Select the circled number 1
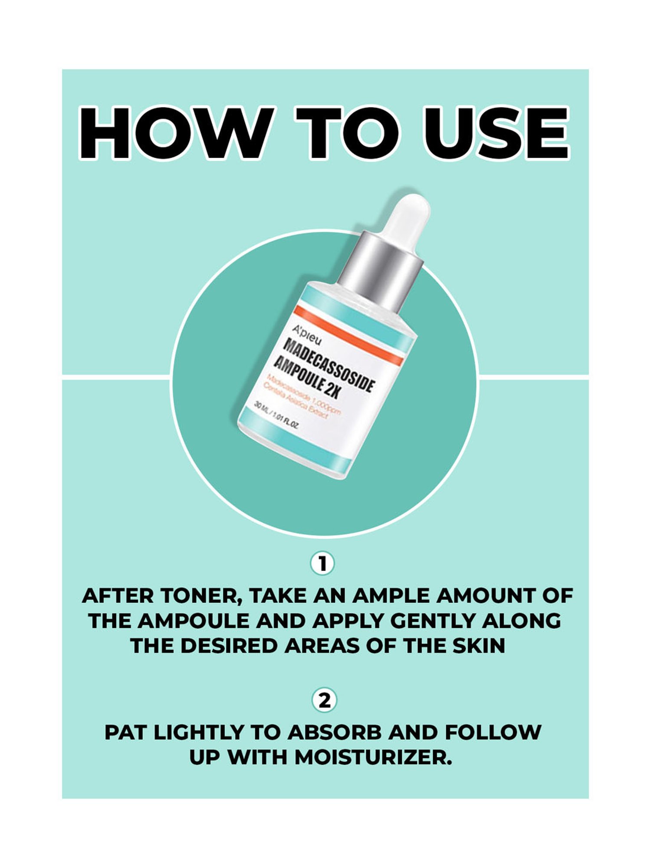tap(322, 564)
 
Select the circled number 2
tap(324, 700)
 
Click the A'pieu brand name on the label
tap(307, 334)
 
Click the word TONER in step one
tap(201, 596)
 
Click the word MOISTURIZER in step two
tap(373, 758)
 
